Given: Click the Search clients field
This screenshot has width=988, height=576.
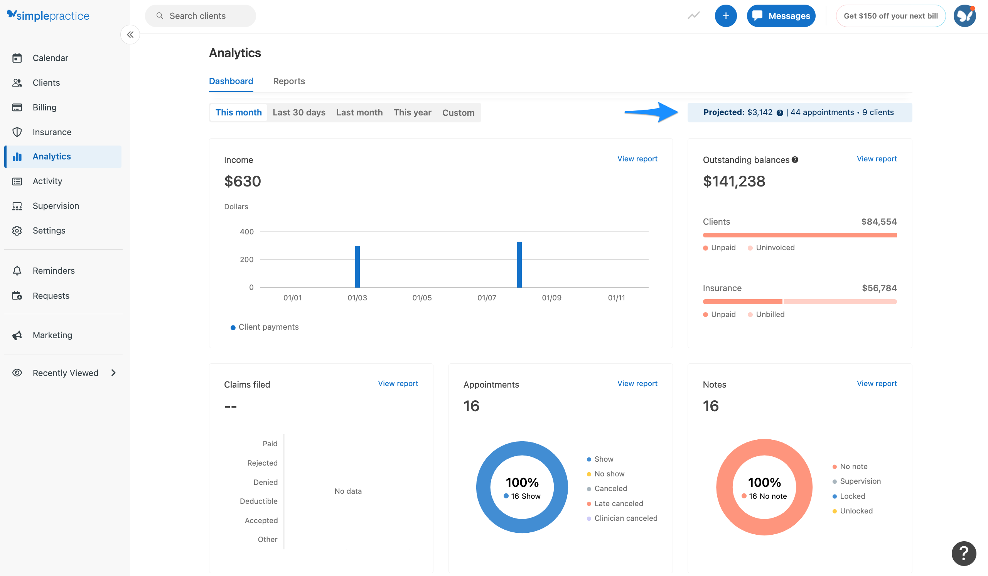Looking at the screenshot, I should point(200,16).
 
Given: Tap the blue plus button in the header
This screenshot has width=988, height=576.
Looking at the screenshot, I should point(725,16).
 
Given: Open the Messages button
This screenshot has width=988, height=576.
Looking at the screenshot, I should point(781,16).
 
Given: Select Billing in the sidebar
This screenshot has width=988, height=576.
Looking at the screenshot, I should point(44,107).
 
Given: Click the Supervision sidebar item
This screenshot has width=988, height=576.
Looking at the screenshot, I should point(56,206).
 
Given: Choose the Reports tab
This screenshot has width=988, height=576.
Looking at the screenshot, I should point(288,81).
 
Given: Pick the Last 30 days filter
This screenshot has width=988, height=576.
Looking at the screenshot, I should point(299,113).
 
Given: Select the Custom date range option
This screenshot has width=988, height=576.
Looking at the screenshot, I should point(458,113).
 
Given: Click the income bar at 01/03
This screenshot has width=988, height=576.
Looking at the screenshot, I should point(357,266).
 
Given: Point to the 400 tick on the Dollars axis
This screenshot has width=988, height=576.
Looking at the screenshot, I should point(246,232).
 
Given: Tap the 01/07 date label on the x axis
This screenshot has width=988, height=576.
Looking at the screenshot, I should point(487,298).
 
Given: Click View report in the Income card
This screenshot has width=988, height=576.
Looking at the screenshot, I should point(637,159).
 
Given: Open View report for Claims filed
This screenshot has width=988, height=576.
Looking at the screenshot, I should point(398,383).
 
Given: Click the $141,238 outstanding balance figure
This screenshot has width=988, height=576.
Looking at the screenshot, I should point(733,181).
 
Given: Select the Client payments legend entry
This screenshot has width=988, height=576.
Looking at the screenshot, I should point(268,327).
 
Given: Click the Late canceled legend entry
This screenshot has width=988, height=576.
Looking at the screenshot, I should point(618,503).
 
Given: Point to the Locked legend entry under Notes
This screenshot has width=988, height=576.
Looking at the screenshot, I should point(852,496).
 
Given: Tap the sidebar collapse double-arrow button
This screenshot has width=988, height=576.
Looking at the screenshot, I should point(130,34).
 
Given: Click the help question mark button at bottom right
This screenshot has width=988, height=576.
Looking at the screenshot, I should point(963,553).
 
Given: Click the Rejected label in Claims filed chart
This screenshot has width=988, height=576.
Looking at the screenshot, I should point(262,463).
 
